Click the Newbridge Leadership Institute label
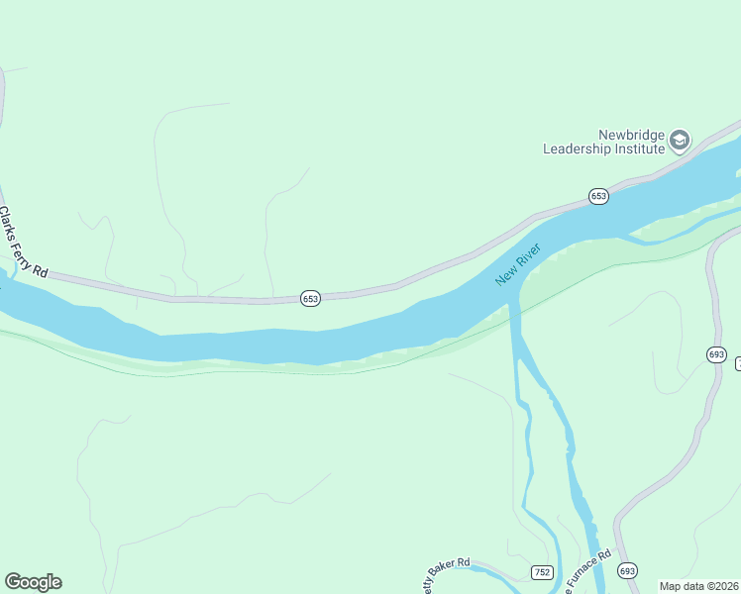tap(602, 142)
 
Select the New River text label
tap(519, 264)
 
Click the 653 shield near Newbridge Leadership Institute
tap(597, 196)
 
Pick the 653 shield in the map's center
tap(310, 298)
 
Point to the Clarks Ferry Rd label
tap(23, 242)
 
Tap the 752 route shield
tap(542, 572)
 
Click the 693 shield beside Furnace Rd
tap(627, 570)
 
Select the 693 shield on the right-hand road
tap(717, 354)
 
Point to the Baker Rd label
tap(448, 569)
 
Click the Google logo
tap(33, 582)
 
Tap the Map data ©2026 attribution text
tap(698, 585)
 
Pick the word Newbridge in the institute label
tap(630, 135)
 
